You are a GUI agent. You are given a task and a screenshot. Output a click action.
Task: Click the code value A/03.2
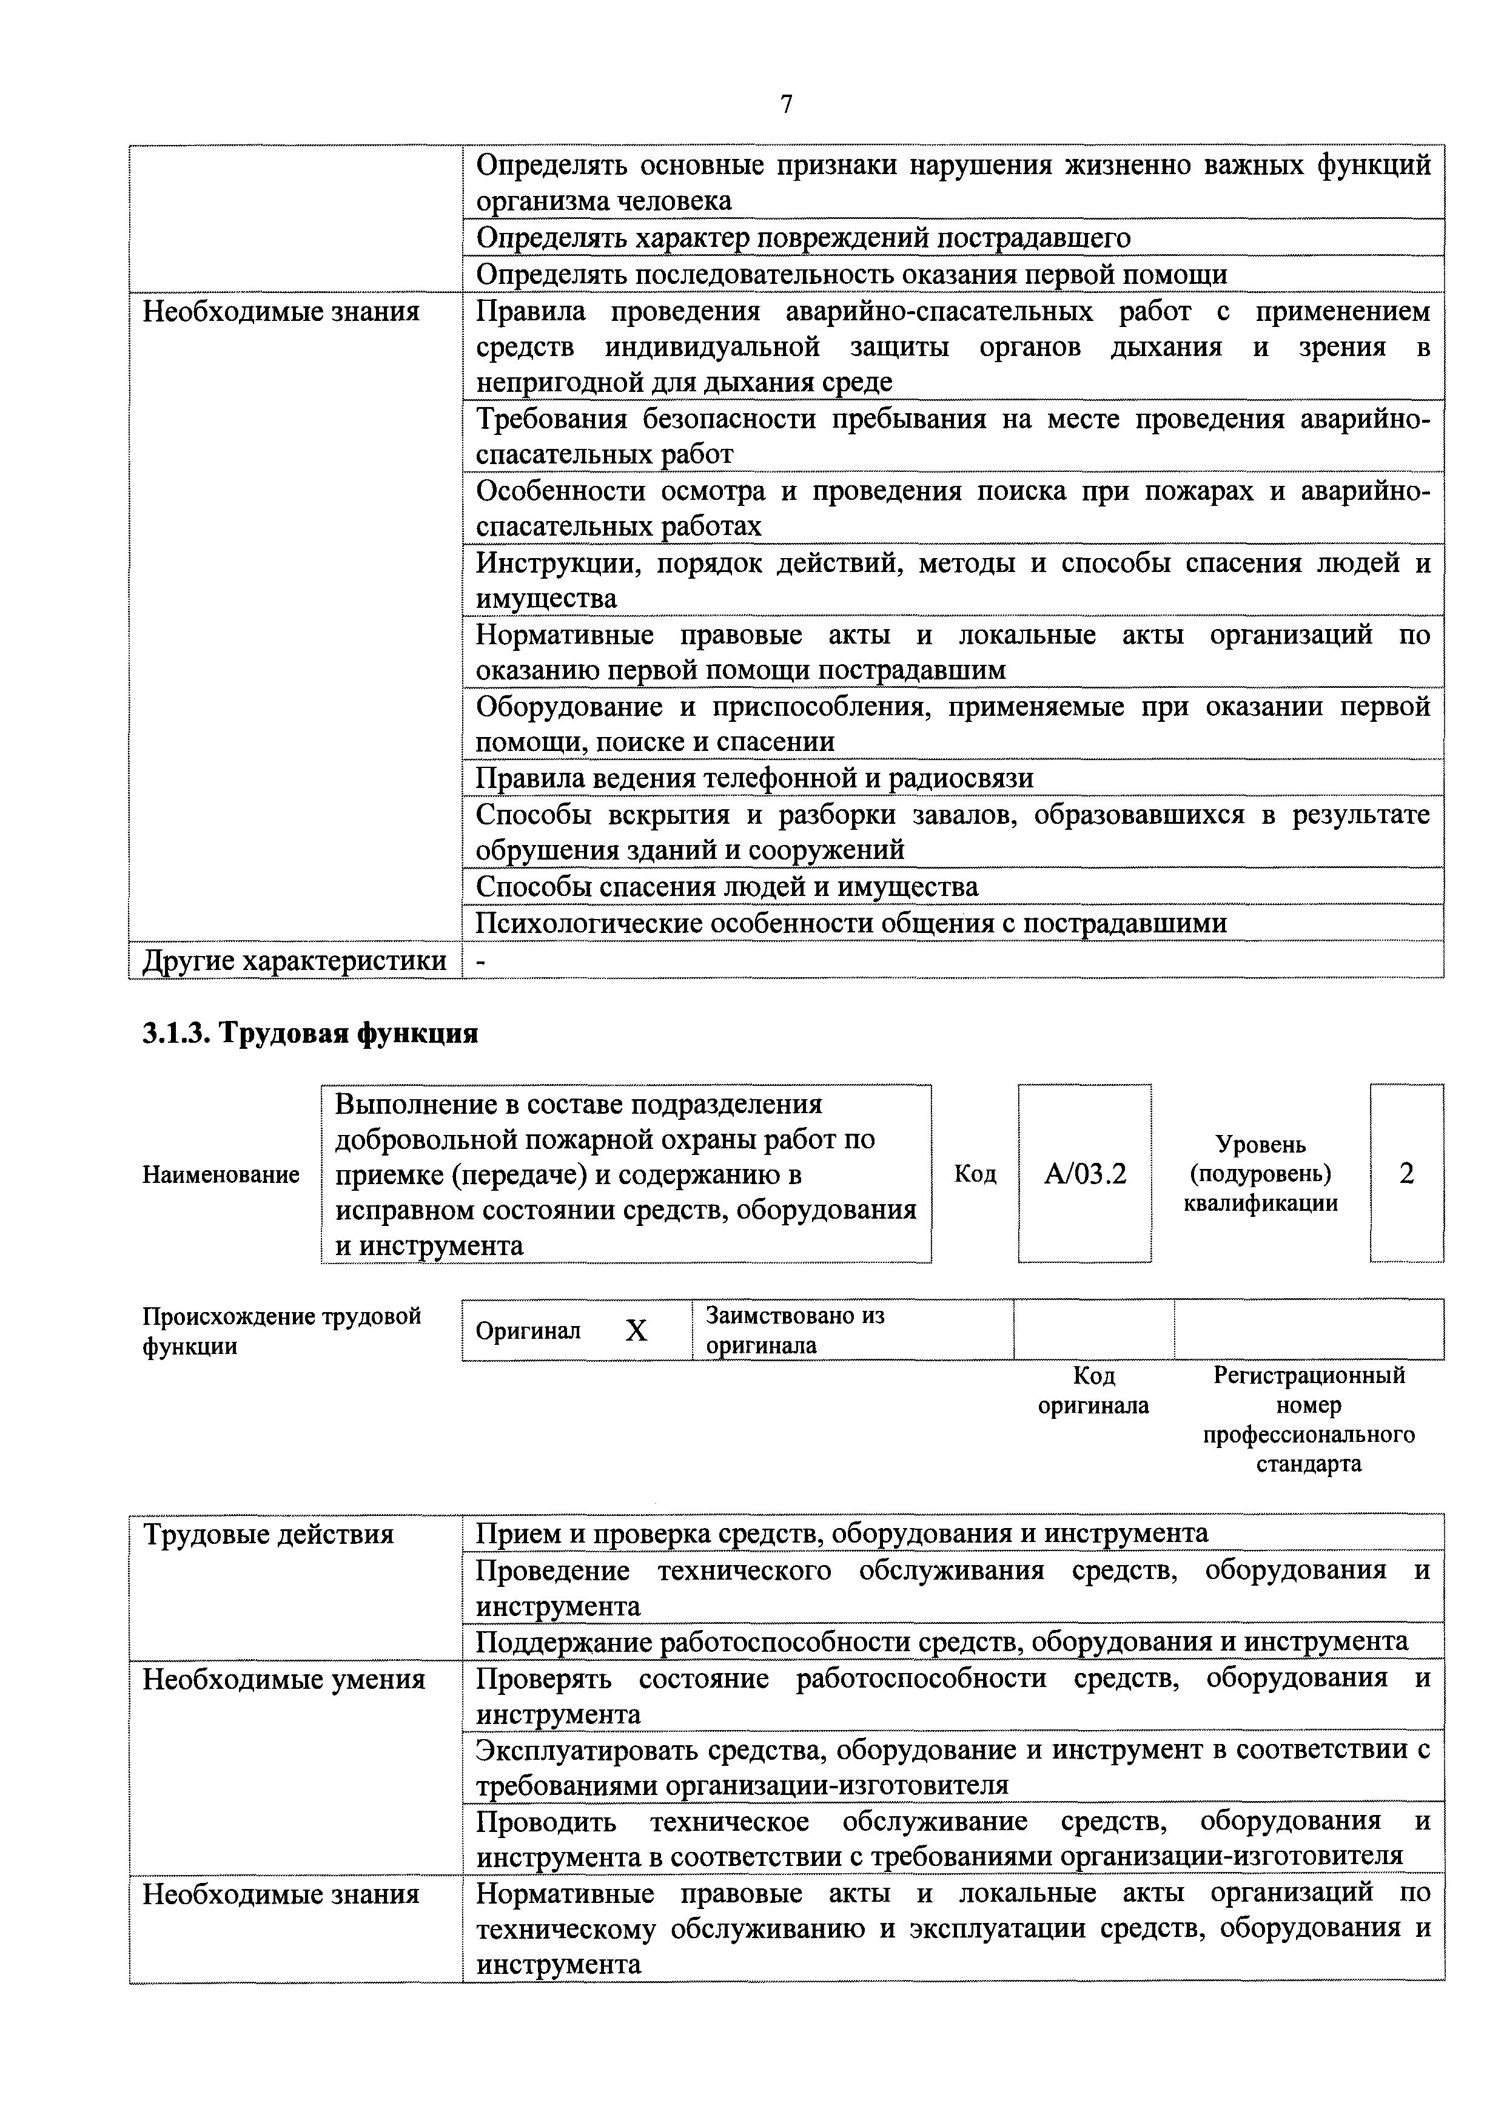coord(1084,1174)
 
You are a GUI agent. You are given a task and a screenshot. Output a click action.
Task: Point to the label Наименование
coord(221,1174)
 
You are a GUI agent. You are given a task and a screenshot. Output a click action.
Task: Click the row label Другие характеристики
coord(294,960)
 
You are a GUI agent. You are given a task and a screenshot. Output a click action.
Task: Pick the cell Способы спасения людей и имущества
coord(727,887)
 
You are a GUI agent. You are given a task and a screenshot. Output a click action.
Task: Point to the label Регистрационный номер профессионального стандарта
coord(1309,1419)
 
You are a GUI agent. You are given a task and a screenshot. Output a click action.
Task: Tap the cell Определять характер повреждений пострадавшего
coord(802,238)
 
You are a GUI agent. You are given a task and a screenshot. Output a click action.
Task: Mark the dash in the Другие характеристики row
coord(480,962)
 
